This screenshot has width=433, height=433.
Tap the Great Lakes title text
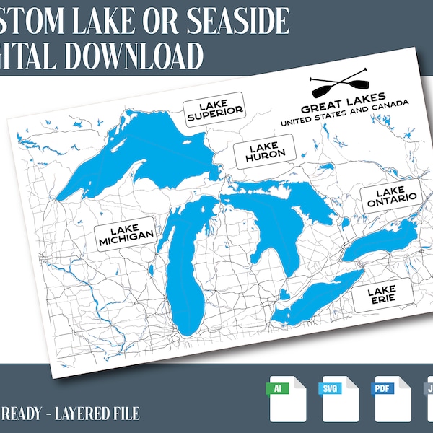343,104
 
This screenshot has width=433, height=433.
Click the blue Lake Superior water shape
144,148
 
